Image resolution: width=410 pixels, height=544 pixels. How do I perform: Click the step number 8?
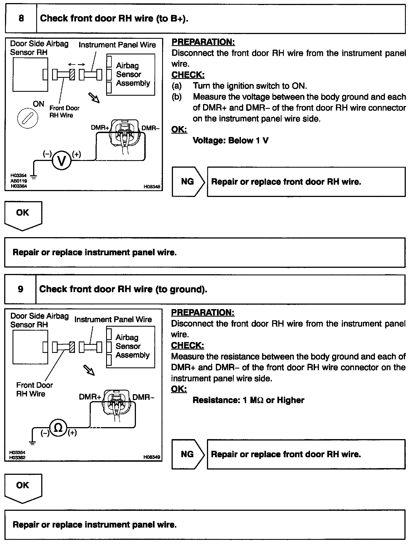(21, 18)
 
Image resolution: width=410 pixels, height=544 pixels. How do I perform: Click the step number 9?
(21, 289)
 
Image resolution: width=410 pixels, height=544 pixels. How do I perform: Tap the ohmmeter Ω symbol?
(58, 428)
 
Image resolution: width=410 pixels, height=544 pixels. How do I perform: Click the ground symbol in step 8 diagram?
(34, 176)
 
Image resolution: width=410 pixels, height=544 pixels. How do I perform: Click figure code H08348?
(152, 187)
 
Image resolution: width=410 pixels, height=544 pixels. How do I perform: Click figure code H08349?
(152, 457)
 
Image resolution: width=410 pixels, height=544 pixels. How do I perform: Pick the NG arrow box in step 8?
(188, 182)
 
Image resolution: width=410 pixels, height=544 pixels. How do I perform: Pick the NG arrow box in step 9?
(188, 454)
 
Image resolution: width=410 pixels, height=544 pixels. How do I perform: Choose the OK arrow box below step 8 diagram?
(23, 215)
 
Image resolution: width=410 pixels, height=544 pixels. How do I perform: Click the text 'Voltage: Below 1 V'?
(231, 140)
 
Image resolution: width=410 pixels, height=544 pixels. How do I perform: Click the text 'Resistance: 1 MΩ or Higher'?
(248, 400)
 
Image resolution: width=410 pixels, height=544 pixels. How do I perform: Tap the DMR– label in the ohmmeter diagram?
(143, 397)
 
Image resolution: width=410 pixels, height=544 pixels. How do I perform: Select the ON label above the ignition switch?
(38, 104)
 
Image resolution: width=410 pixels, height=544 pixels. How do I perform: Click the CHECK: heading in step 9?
(187, 345)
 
